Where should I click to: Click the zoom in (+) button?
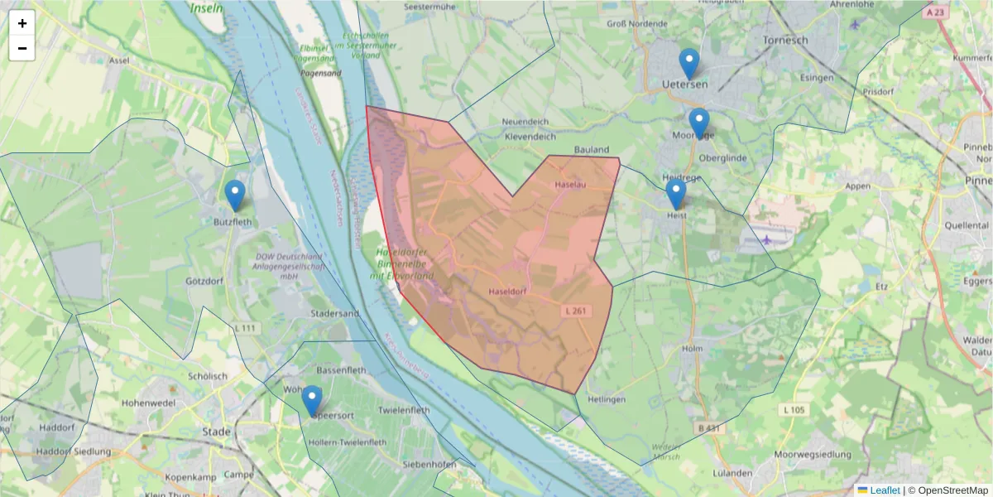click(x=22, y=23)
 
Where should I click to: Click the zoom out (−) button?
click(x=22, y=48)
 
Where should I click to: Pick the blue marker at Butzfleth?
click(x=235, y=196)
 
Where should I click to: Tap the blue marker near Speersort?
click(x=312, y=401)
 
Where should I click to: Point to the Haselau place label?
click(x=570, y=185)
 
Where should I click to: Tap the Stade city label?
click(x=217, y=432)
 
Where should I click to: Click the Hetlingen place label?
click(x=607, y=400)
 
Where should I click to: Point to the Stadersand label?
click(x=334, y=314)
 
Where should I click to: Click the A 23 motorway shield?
click(x=936, y=12)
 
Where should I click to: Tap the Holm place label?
click(x=692, y=349)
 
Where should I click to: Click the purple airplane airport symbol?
click(x=768, y=239)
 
